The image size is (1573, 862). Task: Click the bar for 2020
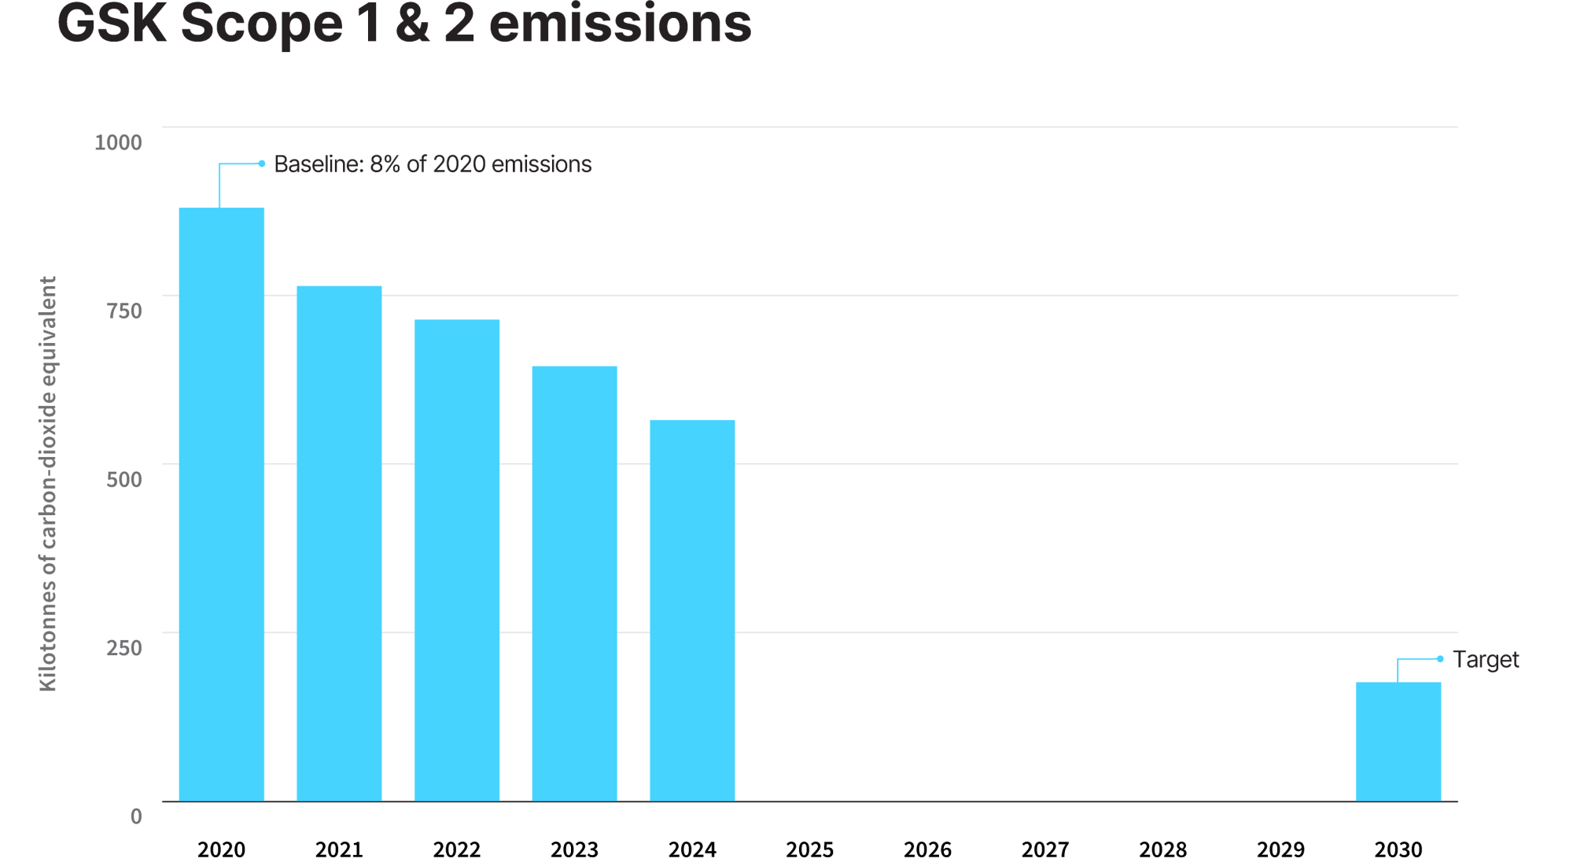point(222,504)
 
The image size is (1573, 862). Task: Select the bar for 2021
point(339,543)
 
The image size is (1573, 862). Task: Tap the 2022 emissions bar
point(457,560)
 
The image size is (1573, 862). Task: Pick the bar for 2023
point(575,584)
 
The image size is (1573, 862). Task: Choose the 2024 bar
point(692,610)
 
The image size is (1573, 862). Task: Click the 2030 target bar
point(1398,742)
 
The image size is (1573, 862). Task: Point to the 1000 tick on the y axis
point(118,142)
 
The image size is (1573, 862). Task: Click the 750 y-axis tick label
point(124,311)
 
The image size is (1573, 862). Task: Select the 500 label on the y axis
point(124,479)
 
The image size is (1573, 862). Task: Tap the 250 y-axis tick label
point(124,647)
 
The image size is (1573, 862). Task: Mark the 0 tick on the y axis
point(136,816)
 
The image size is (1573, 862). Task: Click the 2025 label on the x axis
point(810,850)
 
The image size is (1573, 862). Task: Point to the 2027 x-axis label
point(1045,850)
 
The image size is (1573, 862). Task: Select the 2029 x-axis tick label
point(1280,850)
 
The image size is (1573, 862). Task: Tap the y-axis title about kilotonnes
point(48,484)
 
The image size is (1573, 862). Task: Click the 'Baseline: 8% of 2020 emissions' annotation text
point(433,164)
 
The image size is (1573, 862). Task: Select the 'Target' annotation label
point(1486,659)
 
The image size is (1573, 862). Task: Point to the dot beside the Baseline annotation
point(262,164)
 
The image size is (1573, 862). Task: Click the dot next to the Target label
point(1440,659)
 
